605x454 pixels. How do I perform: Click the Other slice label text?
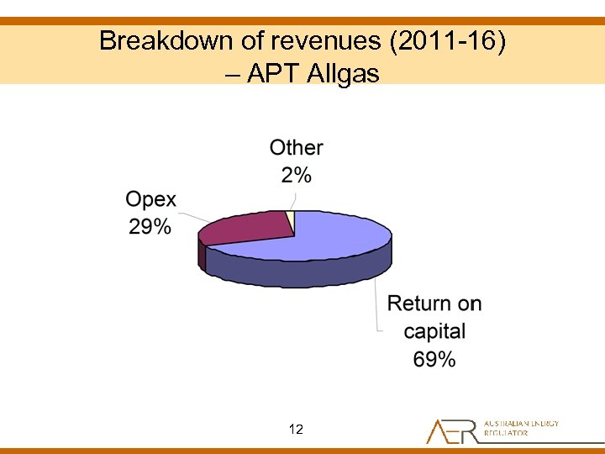296,148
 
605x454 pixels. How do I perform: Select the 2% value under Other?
296,175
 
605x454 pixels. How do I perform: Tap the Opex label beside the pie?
150,199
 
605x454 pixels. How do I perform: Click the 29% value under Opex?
150,226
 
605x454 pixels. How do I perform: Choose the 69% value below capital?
434,359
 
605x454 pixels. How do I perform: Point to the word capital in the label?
434,330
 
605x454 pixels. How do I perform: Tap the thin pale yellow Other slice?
291,218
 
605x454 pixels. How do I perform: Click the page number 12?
296,430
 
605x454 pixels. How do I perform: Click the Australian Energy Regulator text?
521,428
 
